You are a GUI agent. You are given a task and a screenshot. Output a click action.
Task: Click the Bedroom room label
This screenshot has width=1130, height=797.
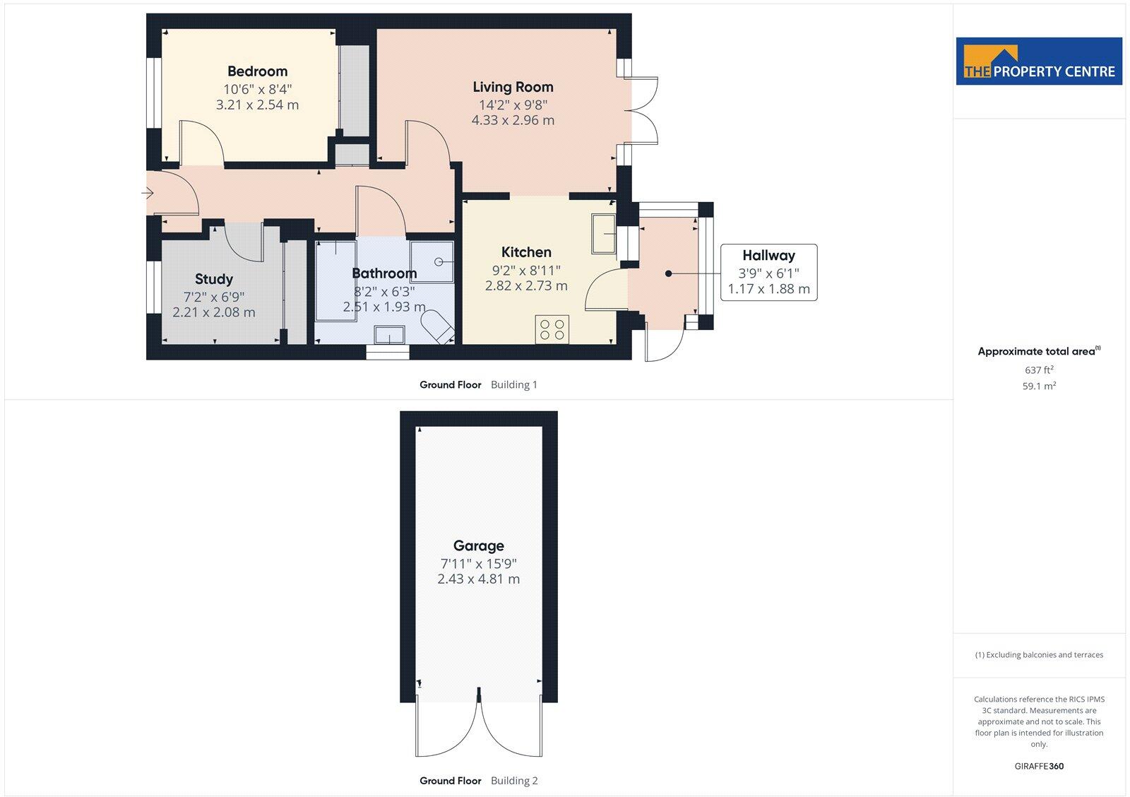[257, 71]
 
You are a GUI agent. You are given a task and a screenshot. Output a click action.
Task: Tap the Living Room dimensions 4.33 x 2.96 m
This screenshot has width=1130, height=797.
[513, 120]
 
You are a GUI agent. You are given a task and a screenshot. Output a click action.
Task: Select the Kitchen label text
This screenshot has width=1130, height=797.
[526, 252]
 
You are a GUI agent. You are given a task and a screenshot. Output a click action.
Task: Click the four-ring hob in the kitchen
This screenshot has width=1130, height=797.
[552, 329]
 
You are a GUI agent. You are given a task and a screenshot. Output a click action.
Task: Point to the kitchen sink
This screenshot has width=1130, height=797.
[604, 233]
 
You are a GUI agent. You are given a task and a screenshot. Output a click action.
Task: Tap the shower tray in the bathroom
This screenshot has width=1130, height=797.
[432, 261]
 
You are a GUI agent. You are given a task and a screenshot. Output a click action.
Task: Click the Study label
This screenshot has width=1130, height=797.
[213, 279]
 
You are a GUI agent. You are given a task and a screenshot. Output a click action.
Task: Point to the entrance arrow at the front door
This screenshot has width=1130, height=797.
[148, 193]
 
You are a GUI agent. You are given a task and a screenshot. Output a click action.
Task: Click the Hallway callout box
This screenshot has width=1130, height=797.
[768, 272]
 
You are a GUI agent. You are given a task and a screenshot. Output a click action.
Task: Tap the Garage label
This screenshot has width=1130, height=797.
[478, 545]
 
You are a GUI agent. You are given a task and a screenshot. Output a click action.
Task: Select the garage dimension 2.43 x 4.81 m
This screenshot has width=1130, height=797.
[478, 579]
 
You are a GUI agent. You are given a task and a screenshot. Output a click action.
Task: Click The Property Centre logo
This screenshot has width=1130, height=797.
[1039, 62]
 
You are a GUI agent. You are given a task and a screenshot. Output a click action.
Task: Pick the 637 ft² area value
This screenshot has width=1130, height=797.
[1039, 370]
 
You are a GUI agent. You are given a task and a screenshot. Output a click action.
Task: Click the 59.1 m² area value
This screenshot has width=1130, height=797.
[1039, 386]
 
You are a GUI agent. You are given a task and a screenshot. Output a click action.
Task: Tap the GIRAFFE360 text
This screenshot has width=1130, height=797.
[1039, 766]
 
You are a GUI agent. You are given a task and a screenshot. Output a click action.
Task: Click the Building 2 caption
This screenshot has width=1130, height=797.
[514, 781]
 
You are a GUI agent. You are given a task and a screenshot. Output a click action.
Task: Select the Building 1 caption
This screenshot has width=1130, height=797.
[514, 385]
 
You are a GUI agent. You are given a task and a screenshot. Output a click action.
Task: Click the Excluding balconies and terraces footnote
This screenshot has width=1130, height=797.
[1039, 655]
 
